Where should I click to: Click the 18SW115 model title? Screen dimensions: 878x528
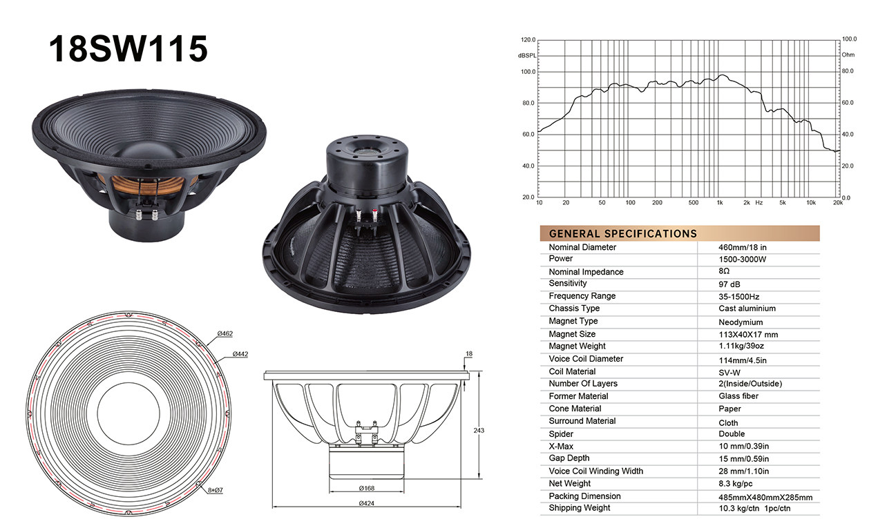(x=128, y=48)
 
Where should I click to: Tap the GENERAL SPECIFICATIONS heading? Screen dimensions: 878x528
(x=623, y=234)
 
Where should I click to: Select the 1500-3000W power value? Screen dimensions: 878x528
(x=742, y=260)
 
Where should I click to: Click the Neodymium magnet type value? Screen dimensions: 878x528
(x=741, y=322)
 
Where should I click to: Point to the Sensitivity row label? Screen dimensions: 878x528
(x=568, y=283)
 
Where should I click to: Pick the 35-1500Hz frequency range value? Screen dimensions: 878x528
(x=738, y=297)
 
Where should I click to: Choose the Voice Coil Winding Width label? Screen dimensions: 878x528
(x=595, y=471)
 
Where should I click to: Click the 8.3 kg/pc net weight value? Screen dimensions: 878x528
(x=735, y=484)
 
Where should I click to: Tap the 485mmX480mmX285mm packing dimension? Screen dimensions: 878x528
(x=765, y=498)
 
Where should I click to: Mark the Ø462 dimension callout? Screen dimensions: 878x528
(x=225, y=334)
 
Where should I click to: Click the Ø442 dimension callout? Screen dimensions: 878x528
(x=240, y=354)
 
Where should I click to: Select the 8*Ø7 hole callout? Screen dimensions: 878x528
(x=216, y=490)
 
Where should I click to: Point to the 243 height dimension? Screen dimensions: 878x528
(x=479, y=431)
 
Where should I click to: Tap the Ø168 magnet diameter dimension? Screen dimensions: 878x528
(x=367, y=489)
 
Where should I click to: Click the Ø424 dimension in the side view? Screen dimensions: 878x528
(x=367, y=503)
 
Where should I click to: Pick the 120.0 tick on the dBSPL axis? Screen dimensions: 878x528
(x=528, y=40)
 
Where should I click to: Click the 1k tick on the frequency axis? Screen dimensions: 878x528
(x=720, y=203)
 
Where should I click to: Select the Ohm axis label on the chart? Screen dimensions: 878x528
(x=848, y=55)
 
